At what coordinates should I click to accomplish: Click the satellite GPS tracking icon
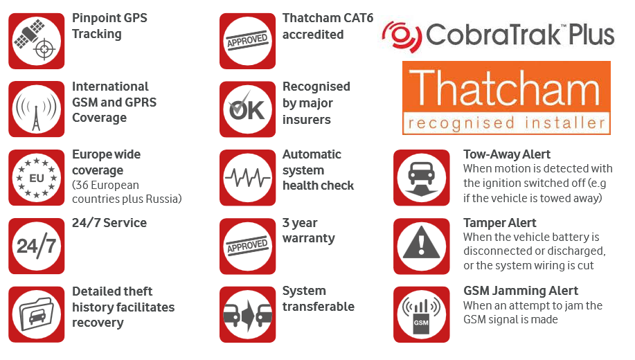coord(37,41)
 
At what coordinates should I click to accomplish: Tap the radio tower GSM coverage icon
coord(37,109)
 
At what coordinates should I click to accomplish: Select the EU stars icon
coord(37,177)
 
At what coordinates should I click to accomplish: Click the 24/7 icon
coord(37,246)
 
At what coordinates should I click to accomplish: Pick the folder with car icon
coord(37,314)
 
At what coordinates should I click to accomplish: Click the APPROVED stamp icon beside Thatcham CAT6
coord(247,41)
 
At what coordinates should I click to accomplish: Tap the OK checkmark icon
coord(247,109)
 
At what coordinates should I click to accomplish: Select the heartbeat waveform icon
coord(247,177)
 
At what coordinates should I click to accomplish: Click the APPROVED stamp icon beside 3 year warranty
coord(247,246)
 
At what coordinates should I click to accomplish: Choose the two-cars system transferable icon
coord(247,314)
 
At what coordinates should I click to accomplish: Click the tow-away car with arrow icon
coord(422,177)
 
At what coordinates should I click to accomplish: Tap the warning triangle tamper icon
coord(422,246)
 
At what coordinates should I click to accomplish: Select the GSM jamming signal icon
coord(422,314)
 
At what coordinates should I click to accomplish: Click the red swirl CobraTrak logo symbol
coord(402,37)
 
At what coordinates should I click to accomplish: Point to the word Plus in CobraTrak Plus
coord(591,35)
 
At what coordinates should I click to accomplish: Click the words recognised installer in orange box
coord(506,123)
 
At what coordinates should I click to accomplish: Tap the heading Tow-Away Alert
coord(507,154)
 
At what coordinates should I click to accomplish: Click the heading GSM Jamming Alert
coord(521,291)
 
